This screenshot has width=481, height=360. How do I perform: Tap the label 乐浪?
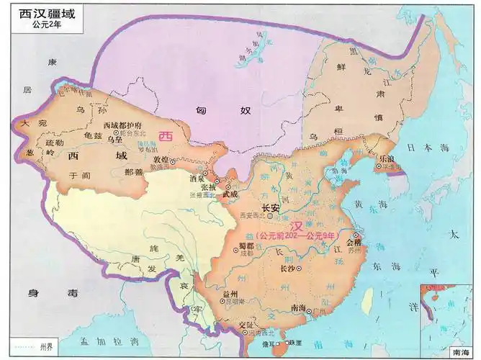(387, 158)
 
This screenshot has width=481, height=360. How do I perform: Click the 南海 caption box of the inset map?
(459, 353)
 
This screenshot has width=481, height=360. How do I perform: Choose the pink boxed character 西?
(166, 135)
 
